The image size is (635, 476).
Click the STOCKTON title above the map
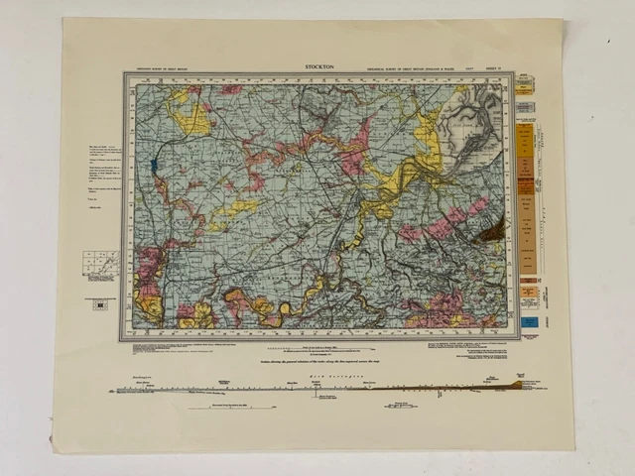[319, 67]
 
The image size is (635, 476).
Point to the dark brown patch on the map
[491, 232]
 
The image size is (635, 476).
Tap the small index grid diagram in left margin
[100, 265]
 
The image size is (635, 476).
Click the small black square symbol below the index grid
[100, 303]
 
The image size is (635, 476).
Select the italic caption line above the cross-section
[319, 363]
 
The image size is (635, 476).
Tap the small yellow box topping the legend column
[526, 86]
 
